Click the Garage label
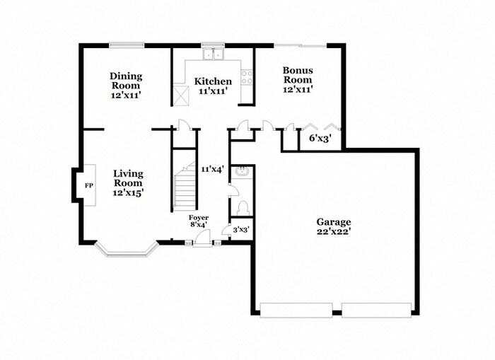(x=334, y=226)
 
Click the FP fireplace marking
(x=89, y=185)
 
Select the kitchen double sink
(x=212, y=54)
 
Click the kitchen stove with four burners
(x=248, y=76)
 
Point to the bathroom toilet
(x=243, y=208)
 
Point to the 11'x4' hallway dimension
(x=212, y=169)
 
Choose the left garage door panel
(x=296, y=309)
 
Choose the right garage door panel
(x=376, y=309)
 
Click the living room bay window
(x=125, y=250)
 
